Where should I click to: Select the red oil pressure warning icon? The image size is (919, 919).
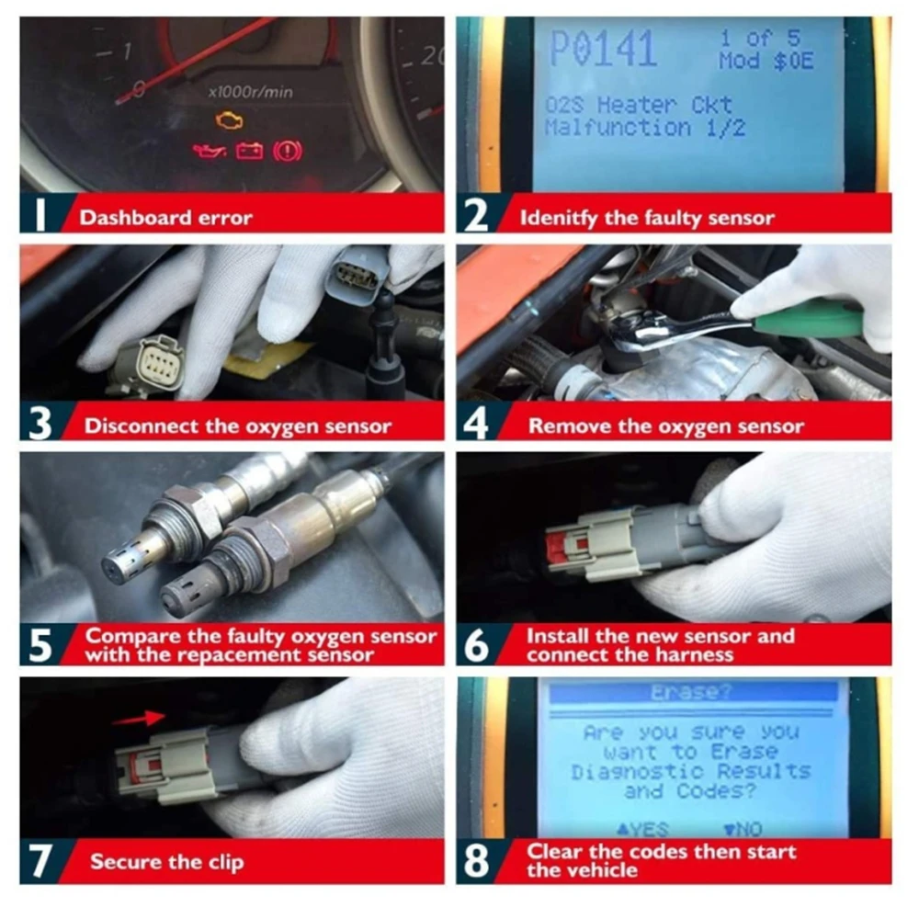pyautogui.click(x=209, y=150)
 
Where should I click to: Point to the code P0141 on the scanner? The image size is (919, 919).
pyautogui.click(x=603, y=49)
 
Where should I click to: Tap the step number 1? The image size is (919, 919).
pyautogui.click(x=40, y=216)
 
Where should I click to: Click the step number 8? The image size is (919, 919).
pyautogui.click(x=478, y=861)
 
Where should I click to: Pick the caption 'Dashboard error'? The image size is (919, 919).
pyautogui.click(x=165, y=218)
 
